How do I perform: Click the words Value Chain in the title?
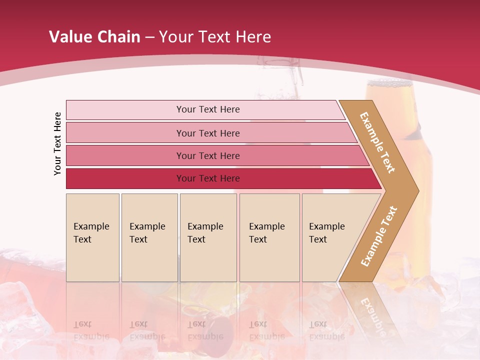click(94, 36)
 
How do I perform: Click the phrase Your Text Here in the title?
click(215, 36)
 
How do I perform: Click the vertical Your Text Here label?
click(57, 143)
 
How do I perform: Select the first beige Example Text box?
click(92, 237)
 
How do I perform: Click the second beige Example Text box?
click(149, 237)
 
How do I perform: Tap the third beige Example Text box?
click(208, 237)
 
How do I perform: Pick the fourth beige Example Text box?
click(269, 237)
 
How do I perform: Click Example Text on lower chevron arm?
click(379, 236)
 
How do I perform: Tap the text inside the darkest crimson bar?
click(208, 178)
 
